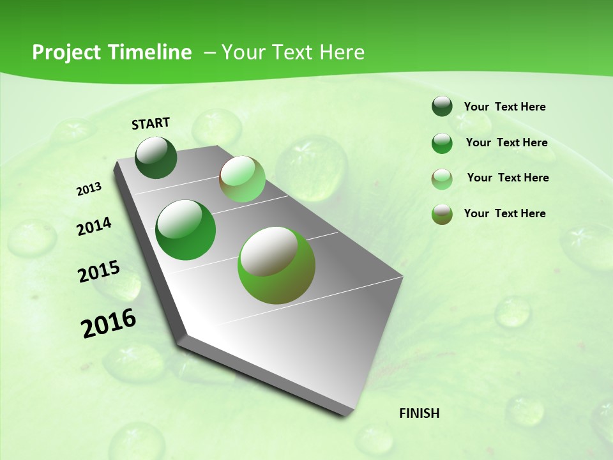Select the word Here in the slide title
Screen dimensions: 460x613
point(342,52)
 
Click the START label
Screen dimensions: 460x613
point(151,123)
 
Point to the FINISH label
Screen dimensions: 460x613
point(420,413)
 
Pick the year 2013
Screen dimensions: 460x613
point(89,189)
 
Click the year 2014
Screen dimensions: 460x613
point(95,226)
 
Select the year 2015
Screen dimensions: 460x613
point(99,272)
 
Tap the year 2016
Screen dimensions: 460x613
point(109,323)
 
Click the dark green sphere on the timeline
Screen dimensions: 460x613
point(156,157)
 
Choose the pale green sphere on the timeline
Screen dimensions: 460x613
point(242,179)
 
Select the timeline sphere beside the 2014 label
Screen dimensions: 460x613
point(186,230)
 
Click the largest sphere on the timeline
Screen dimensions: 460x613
point(276,265)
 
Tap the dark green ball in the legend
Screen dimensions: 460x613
point(442,107)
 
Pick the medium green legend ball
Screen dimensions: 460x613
point(442,143)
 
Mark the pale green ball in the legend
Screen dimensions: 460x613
point(442,179)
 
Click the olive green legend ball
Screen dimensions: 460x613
point(442,214)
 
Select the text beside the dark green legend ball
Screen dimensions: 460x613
point(505,107)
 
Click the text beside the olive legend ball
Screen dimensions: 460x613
point(505,213)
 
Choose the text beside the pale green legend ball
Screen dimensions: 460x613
point(508,178)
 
